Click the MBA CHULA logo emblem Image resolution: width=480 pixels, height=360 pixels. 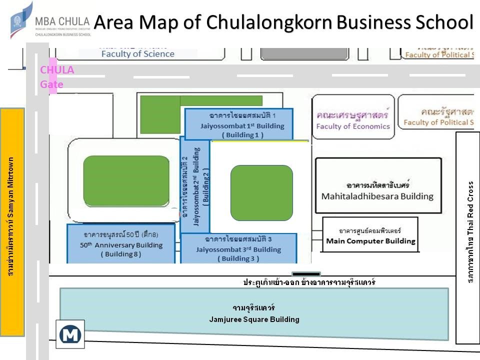pyautogui.click(x=21, y=20)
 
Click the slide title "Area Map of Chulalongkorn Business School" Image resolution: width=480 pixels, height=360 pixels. pyautogui.click(x=283, y=22)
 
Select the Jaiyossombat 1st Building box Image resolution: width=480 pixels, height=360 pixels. pyautogui.click(x=239, y=124)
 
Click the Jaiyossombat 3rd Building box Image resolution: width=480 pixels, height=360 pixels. pyautogui.click(x=238, y=248)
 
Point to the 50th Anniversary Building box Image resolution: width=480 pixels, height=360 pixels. pyautogui.click(x=121, y=244)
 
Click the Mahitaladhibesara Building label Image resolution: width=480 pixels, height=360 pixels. pyautogui.click(x=377, y=190)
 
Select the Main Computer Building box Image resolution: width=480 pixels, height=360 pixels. pyautogui.click(x=370, y=235)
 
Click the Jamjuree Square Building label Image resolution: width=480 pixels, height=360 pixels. pyautogui.click(x=254, y=314)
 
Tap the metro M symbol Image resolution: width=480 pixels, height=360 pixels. pyautogui.click(x=70, y=333)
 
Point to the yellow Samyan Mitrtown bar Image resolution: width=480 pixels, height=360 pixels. pyautogui.click(x=12, y=222)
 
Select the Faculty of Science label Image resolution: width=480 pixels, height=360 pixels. pyautogui.click(x=137, y=53)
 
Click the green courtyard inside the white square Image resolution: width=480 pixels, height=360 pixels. pyautogui.click(x=261, y=192)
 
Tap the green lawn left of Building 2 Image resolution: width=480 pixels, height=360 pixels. pyautogui.click(x=126, y=180)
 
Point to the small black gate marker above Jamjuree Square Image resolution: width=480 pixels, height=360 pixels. pyautogui.click(x=306, y=274)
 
